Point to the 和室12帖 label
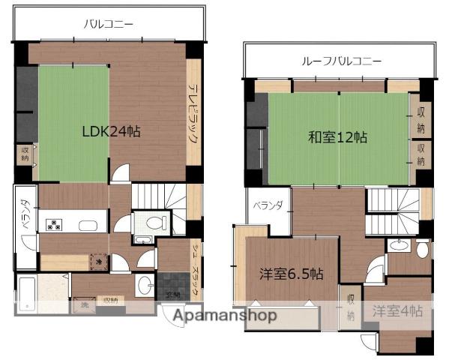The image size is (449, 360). pyautogui.click(x=338, y=137)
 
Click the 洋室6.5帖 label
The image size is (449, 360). pyautogui.click(x=292, y=274)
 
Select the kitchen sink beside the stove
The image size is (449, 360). pyautogui.click(x=88, y=224)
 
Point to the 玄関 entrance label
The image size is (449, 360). pyautogui.click(x=174, y=294)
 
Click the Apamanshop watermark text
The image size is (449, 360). pyautogui.click(x=225, y=316)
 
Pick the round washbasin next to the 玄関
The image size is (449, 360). pyautogui.click(x=143, y=286)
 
